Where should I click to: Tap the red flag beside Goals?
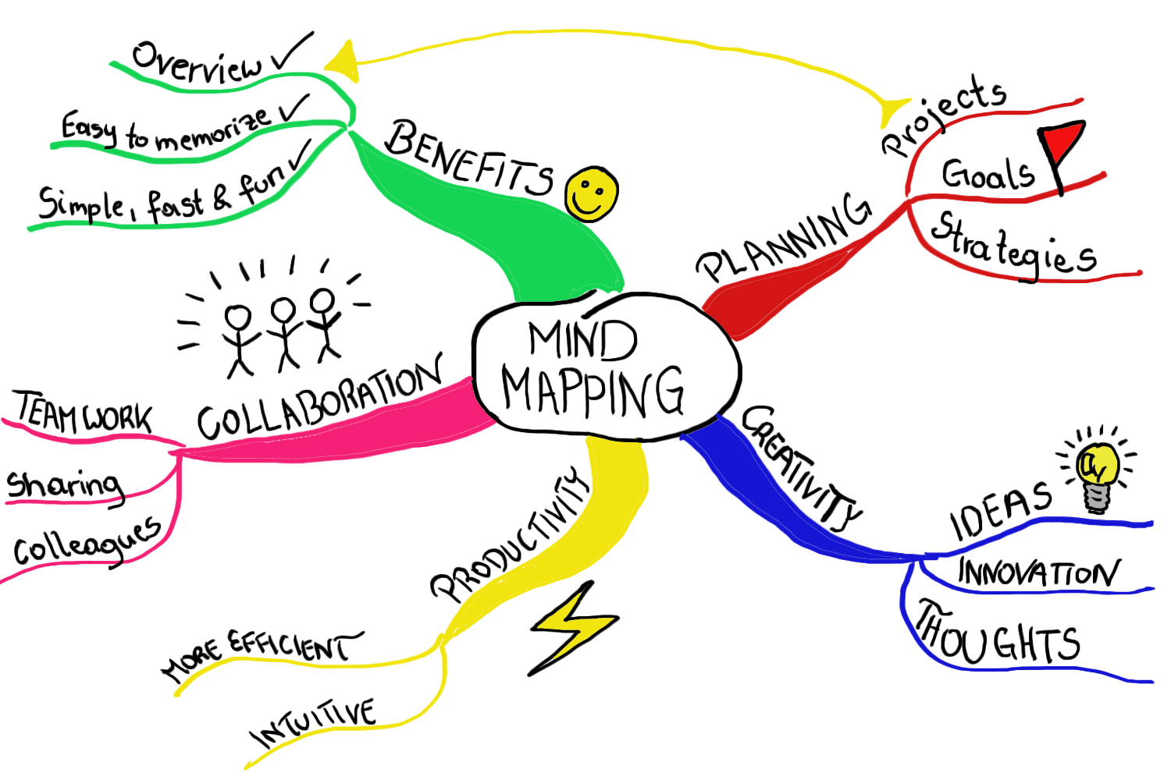(1062, 144)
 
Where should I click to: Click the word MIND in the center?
(583, 340)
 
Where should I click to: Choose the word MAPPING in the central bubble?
(593, 391)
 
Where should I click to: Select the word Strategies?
(1013, 245)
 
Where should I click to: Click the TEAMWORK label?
(84, 413)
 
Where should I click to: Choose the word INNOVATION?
(1038, 573)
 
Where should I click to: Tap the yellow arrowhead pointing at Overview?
(343, 62)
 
